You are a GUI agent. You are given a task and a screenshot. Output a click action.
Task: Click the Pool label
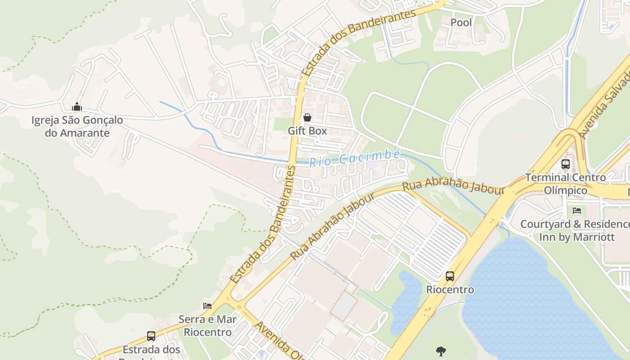point(461,22)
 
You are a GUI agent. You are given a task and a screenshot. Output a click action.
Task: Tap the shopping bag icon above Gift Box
point(307,118)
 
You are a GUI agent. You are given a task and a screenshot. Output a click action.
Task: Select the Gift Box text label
point(307,131)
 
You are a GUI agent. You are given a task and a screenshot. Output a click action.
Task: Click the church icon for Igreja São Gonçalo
point(77,107)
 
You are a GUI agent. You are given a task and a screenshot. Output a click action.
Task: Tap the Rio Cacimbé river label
point(355,158)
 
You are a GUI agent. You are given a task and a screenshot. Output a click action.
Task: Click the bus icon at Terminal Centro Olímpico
point(566,165)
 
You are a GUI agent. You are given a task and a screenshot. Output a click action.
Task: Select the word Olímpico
point(566,190)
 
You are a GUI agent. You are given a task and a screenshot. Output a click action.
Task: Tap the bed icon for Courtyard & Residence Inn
point(577,211)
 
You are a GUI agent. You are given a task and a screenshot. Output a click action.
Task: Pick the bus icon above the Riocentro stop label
point(450,276)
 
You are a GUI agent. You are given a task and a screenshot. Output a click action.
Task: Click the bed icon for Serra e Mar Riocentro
point(207,306)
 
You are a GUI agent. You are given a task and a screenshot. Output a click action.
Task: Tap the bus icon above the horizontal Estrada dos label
point(151,336)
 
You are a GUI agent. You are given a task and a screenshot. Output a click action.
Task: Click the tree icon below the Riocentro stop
point(441,351)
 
